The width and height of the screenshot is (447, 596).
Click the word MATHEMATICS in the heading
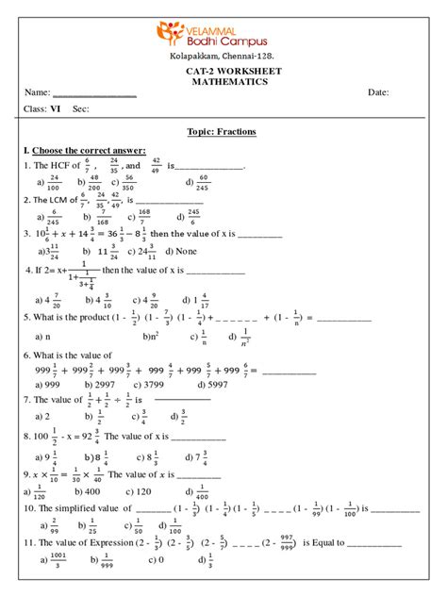click(x=223, y=81)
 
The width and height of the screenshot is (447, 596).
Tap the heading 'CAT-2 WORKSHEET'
click(x=223, y=70)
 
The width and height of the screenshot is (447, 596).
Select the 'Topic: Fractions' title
click(x=223, y=132)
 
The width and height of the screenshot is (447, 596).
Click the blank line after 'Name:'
click(x=94, y=93)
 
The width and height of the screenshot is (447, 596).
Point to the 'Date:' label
click(x=378, y=92)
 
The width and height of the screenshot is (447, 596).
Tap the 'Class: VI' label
click(x=41, y=109)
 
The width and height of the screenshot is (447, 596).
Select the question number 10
click(x=28, y=507)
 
